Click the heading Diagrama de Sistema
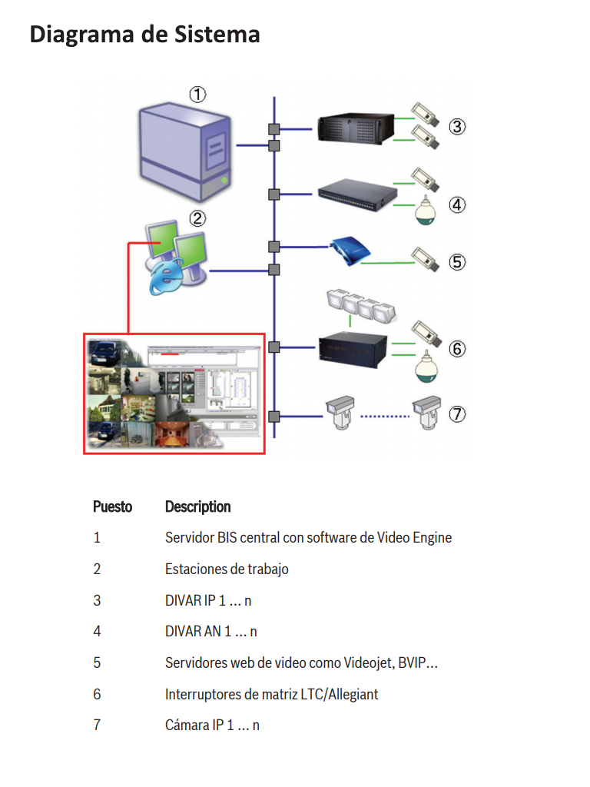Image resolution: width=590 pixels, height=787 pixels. tap(144, 35)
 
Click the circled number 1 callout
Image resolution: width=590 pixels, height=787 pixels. tap(197, 95)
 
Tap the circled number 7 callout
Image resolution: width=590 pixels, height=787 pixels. tap(457, 414)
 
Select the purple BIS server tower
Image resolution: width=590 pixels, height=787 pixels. tap(186, 151)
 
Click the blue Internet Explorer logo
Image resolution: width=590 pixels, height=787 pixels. tap(167, 277)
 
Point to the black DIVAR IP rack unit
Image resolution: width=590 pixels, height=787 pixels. tap(356, 128)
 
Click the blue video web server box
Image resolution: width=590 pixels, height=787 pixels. tap(350, 251)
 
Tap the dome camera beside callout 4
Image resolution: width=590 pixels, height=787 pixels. tap(425, 210)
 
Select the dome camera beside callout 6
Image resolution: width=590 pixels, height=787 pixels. tap(426, 367)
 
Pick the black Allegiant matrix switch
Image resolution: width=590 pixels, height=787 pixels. tap(353, 350)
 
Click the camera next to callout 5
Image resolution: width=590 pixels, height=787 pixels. tap(426, 258)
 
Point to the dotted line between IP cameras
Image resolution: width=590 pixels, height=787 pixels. tap(386, 417)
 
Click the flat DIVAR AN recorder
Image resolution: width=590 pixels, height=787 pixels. tap(357, 195)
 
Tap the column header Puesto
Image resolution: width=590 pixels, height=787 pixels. tap(112, 507)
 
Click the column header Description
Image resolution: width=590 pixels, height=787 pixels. tap(197, 507)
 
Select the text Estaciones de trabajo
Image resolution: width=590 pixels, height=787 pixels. tap(227, 569)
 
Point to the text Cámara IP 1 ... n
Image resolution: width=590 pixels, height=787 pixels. tap(212, 726)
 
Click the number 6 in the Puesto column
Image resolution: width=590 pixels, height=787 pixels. tap(97, 694)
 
